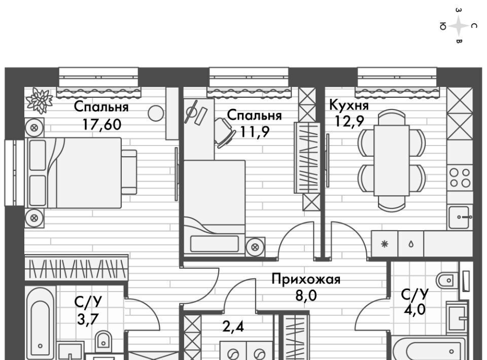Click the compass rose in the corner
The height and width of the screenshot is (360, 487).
tap(459, 26)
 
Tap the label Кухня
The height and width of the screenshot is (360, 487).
tap(349, 105)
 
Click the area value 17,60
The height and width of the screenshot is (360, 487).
tap(102, 124)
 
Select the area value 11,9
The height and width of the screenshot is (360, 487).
tap(255, 132)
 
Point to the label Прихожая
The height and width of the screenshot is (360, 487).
tap(306, 279)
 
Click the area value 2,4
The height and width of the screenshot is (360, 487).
tap(233, 327)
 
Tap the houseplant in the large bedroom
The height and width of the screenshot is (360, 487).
tap(39, 100)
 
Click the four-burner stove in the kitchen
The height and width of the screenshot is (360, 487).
tap(460, 178)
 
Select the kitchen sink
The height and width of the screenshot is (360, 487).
tap(460, 217)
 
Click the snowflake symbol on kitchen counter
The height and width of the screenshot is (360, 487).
tap(385, 244)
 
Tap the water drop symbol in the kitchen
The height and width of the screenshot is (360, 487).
tap(411, 244)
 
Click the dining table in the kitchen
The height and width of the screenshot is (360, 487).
tap(392, 160)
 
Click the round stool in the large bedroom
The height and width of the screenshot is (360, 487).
tap(156, 113)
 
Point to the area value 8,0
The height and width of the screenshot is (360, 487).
tap(306, 295)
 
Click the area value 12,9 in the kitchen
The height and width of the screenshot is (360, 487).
tap(349, 121)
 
